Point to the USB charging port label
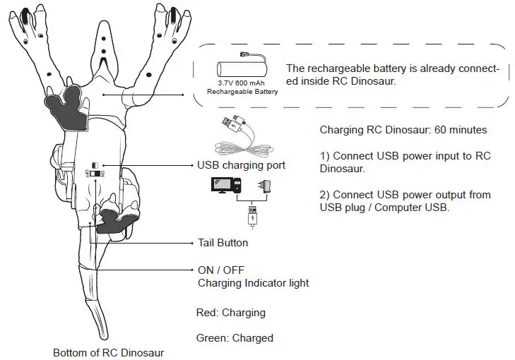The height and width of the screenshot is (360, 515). pyautogui.click(x=241, y=166)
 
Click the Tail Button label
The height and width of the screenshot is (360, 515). pyautogui.click(x=223, y=243)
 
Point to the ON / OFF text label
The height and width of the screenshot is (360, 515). pyautogui.click(x=222, y=270)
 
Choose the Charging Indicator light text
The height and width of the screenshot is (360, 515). pyautogui.click(x=253, y=283)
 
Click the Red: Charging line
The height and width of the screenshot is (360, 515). pyautogui.click(x=230, y=312)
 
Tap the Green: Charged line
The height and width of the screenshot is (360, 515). pyautogui.click(x=234, y=337)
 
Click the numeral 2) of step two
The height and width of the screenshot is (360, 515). pyautogui.click(x=324, y=194)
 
